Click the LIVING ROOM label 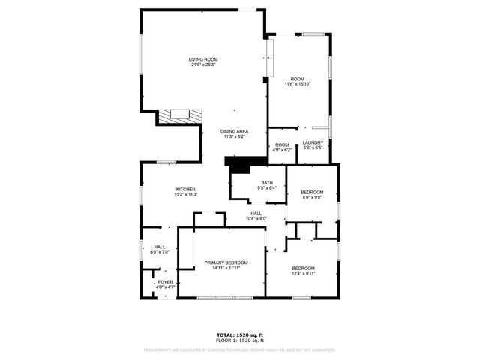202,59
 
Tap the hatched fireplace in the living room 179,116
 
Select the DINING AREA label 235,131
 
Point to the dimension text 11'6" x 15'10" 298,84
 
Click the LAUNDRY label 313,142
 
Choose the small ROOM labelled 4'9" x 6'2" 282,145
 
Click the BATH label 267,183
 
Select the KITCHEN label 185,189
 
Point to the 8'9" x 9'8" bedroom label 312,197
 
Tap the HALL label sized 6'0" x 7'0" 160,247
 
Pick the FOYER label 165,282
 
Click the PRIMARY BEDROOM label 226,262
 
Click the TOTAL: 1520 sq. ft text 240,334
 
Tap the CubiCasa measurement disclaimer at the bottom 240,349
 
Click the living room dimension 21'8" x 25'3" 202,64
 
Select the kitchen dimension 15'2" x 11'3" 185,194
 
